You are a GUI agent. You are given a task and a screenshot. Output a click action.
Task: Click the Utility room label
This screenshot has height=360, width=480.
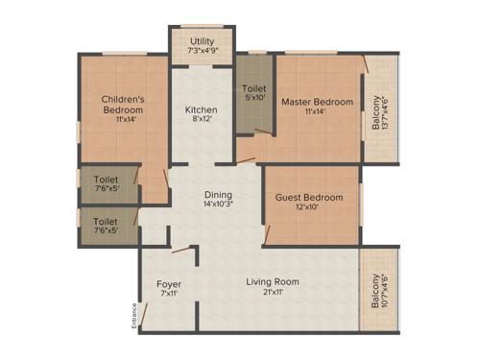coord(202,41)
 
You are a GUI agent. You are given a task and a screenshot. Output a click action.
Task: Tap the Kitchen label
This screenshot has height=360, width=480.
coord(201,109)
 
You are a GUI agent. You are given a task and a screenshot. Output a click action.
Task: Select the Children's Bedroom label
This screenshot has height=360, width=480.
coord(122,104)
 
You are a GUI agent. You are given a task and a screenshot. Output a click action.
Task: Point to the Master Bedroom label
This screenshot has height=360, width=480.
coord(317,101)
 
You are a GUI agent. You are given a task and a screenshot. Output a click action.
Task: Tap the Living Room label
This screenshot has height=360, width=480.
coord(273,281)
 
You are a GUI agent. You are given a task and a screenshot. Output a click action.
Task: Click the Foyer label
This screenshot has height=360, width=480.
coord(169,284)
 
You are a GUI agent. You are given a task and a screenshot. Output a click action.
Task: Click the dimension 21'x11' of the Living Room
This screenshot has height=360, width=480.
coord(273,293)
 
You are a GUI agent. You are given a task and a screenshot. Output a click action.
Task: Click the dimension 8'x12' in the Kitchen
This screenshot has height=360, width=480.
coord(201,121)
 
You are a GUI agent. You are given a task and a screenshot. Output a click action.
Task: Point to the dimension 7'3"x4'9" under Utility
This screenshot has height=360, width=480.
coord(202,52)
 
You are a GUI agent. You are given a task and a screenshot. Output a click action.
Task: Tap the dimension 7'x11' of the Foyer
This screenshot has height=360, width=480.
coord(169,296)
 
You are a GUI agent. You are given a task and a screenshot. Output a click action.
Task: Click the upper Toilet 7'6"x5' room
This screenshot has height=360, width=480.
coord(106,183)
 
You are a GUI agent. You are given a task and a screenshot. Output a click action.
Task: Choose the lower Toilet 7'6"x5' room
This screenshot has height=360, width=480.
coord(106,226)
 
